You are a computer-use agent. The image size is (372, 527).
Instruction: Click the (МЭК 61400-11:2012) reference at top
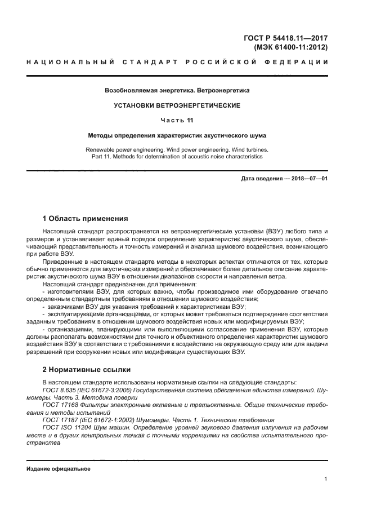pyautogui.click(x=290, y=47)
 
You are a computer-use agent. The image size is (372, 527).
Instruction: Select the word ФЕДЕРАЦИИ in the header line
pyautogui.click(x=301, y=61)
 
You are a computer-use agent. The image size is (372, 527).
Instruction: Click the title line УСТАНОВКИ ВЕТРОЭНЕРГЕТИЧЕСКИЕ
pyautogui.click(x=177, y=105)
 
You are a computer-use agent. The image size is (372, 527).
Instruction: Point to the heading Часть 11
pyautogui.click(x=177, y=121)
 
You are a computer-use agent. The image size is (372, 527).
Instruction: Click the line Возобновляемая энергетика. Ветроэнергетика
pyautogui.click(x=177, y=90)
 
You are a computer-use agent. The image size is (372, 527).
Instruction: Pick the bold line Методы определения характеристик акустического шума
pyautogui.click(x=177, y=136)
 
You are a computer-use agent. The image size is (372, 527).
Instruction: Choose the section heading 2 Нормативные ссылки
pyautogui.click(x=87, y=370)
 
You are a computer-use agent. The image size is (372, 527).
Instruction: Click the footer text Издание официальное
pyautogui.click(x=59, y=469)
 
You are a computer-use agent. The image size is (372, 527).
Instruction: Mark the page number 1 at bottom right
pyautogui.click(x=326, y=479)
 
